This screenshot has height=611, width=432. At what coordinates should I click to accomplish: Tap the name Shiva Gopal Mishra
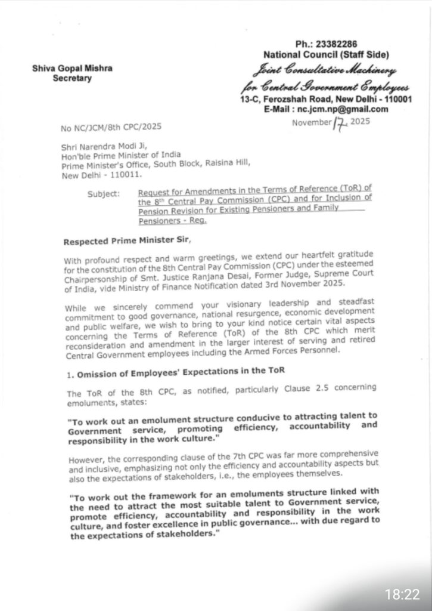72,69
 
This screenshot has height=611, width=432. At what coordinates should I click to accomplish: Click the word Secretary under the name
72,78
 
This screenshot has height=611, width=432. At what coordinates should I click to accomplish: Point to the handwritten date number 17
341,123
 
